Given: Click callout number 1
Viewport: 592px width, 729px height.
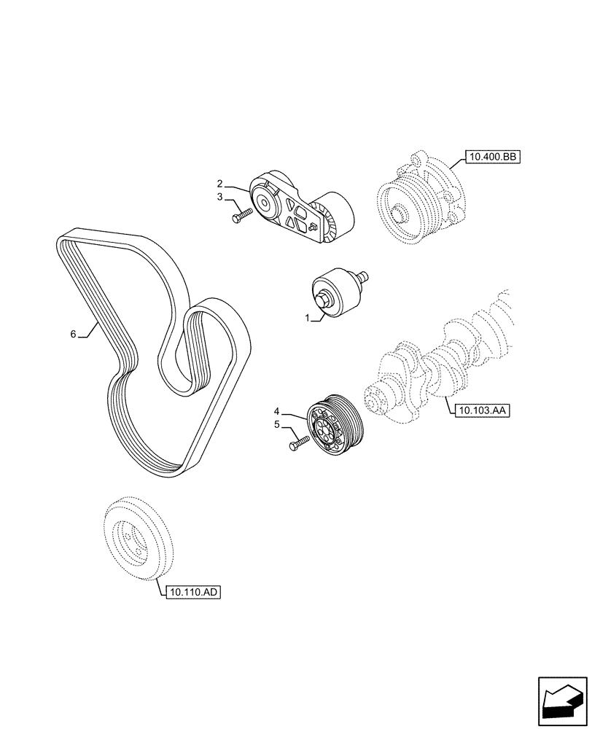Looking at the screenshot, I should [308, 318].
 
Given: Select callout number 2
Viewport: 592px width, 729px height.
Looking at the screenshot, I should [219, 183].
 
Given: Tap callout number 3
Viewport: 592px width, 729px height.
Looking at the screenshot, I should [219, 196].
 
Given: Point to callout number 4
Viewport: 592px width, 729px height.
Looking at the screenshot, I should [277, 412].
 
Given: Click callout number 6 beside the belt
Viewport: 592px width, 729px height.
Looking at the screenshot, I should [73, 333].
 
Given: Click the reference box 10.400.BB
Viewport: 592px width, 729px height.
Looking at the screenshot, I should [490, 157].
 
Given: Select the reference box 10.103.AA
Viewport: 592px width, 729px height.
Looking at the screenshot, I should [480, 410].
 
